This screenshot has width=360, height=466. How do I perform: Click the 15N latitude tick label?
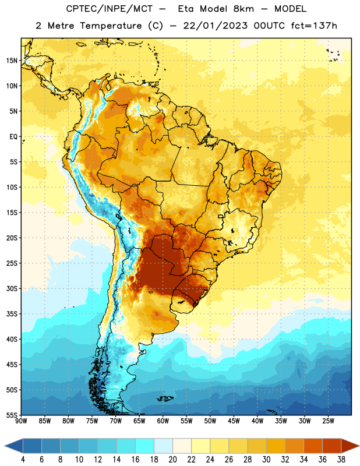12,61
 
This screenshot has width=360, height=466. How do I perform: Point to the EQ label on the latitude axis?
13,137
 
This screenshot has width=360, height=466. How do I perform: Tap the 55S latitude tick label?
12,415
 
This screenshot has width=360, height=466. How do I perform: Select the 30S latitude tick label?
12,288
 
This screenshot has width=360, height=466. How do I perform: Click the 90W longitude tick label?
21,421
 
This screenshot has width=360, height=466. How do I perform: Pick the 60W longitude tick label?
163,421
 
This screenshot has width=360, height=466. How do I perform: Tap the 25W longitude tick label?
328,421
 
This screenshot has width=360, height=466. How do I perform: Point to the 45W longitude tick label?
234,421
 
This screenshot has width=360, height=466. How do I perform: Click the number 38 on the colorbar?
341,460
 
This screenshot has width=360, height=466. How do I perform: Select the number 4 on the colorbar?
23,460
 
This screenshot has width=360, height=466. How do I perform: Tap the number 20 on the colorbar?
172,460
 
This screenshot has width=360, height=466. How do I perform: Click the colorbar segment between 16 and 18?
145,446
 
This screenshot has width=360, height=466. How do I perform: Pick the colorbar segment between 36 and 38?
332,446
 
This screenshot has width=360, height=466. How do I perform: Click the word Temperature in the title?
111,26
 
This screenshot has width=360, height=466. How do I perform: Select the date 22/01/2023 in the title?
215,26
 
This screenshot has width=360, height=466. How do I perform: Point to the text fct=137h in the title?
314,26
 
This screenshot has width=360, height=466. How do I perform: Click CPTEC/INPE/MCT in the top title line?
109,9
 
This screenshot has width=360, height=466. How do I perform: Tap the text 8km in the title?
243,9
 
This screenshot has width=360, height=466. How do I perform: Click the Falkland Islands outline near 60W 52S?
165,398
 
